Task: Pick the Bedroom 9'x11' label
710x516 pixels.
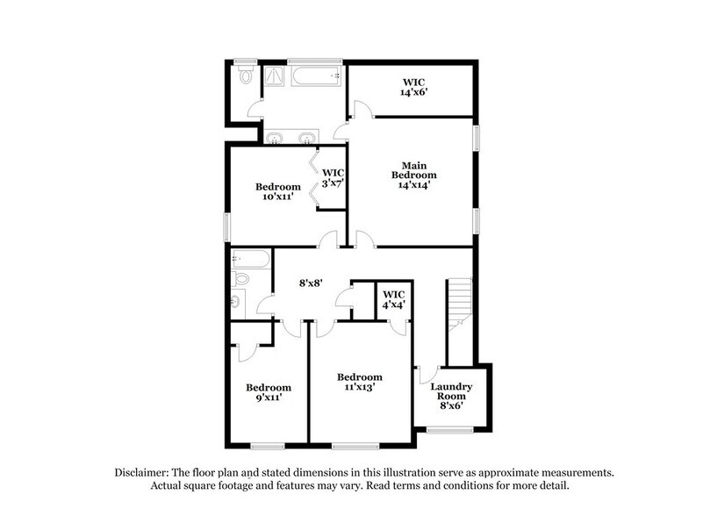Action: [x=268, y=392]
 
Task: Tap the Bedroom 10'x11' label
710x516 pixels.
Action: [x=278, y=192]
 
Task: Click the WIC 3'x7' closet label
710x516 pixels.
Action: [x=333, y=178]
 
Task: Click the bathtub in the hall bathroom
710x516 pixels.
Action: [x=249, y=260]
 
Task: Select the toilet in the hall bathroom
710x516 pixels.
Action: [x=240, y=281]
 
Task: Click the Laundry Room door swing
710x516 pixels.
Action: [x=427, y=373]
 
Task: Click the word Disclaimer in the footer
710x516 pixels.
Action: [x=143, y=471]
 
